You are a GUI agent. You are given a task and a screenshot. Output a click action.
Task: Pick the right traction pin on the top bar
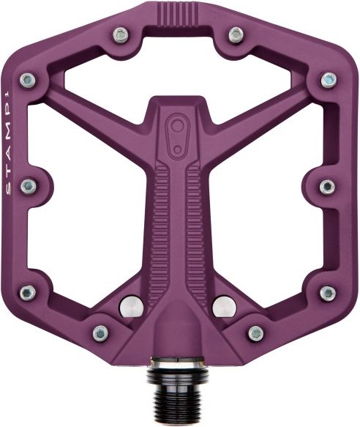235,34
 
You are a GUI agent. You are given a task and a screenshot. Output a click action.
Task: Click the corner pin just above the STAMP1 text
28,78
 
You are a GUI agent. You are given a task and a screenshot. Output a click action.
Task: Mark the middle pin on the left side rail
28,185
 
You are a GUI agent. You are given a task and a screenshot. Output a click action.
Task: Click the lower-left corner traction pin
28,292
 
